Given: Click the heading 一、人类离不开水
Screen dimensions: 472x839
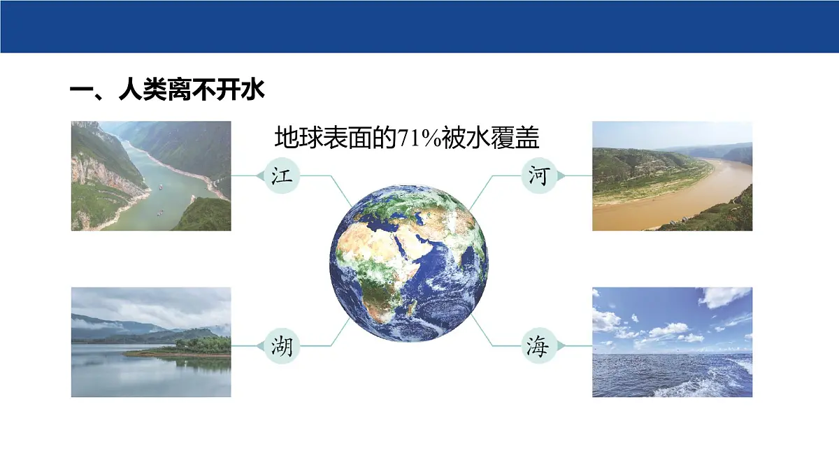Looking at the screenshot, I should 168,91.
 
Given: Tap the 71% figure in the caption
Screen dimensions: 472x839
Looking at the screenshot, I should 417,138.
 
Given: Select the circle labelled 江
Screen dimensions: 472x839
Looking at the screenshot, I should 282,176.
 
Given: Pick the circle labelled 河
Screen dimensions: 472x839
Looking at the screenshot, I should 538,176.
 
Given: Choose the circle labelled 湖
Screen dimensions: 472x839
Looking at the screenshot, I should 282,346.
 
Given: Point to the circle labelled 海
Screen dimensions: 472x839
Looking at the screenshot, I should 538,346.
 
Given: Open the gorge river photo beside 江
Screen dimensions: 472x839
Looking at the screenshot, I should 151,176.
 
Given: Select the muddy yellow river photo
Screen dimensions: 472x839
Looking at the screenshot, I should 672,176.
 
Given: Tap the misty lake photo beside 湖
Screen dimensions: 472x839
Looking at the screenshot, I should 151,342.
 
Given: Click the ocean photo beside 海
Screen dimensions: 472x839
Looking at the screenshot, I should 672,342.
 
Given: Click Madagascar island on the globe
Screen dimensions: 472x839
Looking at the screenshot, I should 413,306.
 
